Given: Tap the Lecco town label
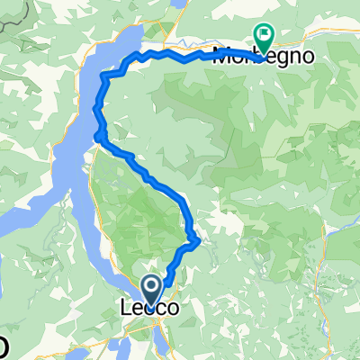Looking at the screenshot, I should [x=149, y=308].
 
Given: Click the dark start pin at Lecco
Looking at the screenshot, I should [x=150, y=290].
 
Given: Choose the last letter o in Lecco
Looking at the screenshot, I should [x=171, y=308].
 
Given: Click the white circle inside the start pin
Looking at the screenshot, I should [x=150, y=286].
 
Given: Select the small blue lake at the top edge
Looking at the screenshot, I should [x=179, y=4].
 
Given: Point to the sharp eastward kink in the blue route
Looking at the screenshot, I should [x=196, y=240].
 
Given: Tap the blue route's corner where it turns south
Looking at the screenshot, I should [x=107, y=76].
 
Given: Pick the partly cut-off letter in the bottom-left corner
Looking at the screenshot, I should [x=4, y=346].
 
